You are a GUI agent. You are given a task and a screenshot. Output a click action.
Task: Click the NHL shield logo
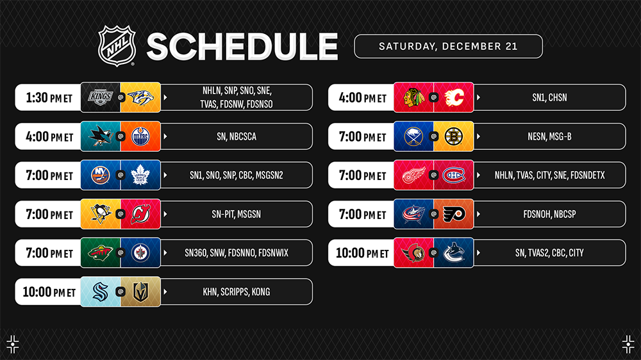point(117,45)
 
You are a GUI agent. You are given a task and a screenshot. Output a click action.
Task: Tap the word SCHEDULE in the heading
point(242,47)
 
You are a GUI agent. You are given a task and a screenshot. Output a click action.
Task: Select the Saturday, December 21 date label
point(448,46)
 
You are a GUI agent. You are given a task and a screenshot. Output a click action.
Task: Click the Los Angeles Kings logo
point(101,97)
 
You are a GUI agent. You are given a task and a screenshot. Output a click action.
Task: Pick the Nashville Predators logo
point(140,97)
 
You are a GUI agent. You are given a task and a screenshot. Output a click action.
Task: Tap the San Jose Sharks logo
point(101,136)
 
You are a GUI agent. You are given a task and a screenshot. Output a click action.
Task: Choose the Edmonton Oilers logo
point(140,136)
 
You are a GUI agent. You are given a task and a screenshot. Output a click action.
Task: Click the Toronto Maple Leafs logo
point(140,176)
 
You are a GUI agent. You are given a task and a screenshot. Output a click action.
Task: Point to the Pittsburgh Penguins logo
point(101,214)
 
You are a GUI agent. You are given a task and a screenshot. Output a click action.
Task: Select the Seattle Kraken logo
point(101,291)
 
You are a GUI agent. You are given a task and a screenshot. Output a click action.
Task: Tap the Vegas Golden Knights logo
point(140,291)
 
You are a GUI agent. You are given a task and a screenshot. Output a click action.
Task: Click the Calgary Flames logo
point(454,97)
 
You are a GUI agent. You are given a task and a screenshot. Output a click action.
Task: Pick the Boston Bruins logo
point(454,136)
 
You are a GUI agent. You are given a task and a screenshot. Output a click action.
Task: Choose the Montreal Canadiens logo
point(454,176)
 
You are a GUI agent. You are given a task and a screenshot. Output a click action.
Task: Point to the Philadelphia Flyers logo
point(454,214)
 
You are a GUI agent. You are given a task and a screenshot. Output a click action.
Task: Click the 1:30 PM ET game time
point(49,97)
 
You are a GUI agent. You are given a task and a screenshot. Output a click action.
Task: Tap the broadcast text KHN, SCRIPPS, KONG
point(237,291)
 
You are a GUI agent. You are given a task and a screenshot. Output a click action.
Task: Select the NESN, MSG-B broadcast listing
point(549,136)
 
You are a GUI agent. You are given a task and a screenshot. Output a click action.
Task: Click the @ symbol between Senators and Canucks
point(434,253)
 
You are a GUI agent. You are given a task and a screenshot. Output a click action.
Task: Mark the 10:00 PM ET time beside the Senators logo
point(362,253)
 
